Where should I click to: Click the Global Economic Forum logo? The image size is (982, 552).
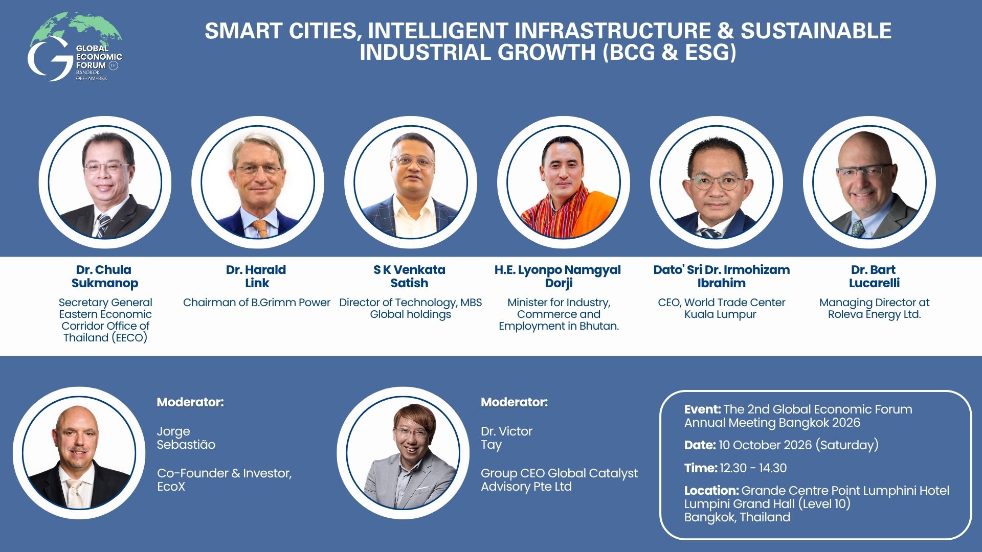pyautogui.click(x=75, y=47)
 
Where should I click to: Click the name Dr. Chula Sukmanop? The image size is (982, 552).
pyautogui.click(x=104, y=277)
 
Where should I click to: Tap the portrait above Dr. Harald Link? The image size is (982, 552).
pyautogui.click(x=258, y=182)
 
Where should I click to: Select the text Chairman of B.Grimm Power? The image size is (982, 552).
pyautogui.click(x=257, y=303)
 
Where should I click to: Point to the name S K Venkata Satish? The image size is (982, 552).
pyautogui.click(x=410, y=277)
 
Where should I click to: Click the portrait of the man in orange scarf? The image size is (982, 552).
pyautogui.click(x=564, y=182)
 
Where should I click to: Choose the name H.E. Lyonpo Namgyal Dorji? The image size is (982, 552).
pyautogui.click(x=557, y=277)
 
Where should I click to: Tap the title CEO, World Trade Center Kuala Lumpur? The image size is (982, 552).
pyautogui.click(x=721, y=308)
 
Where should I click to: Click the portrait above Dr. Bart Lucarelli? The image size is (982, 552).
pyautogui.click(x=869, y=182)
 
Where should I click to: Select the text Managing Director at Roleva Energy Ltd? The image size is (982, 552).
pyautogui.click(x=875, y=308)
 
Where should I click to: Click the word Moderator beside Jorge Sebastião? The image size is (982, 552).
pyautogui.click(x=190, y=402)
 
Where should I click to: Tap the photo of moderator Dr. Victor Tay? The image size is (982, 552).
pyautogui.click(x=403, y=453)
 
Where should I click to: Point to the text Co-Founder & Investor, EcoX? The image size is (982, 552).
pyautogui.click(x=225, y=480)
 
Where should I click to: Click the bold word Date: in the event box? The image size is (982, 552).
pyautogui.click(x=700, y=445)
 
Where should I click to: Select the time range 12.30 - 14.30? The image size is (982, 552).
pyautogui.click(x=753, y=468)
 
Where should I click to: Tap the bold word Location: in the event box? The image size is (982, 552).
pyautogui.click(x=711, y=491)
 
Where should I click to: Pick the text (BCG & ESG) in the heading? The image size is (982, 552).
pyautogui.click(x=670, y=53)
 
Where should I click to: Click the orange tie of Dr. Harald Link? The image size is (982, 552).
pyautogui.click(x=260, y=228)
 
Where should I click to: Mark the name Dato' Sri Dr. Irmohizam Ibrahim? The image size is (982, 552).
pyautogui.click(x=722, y=277)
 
